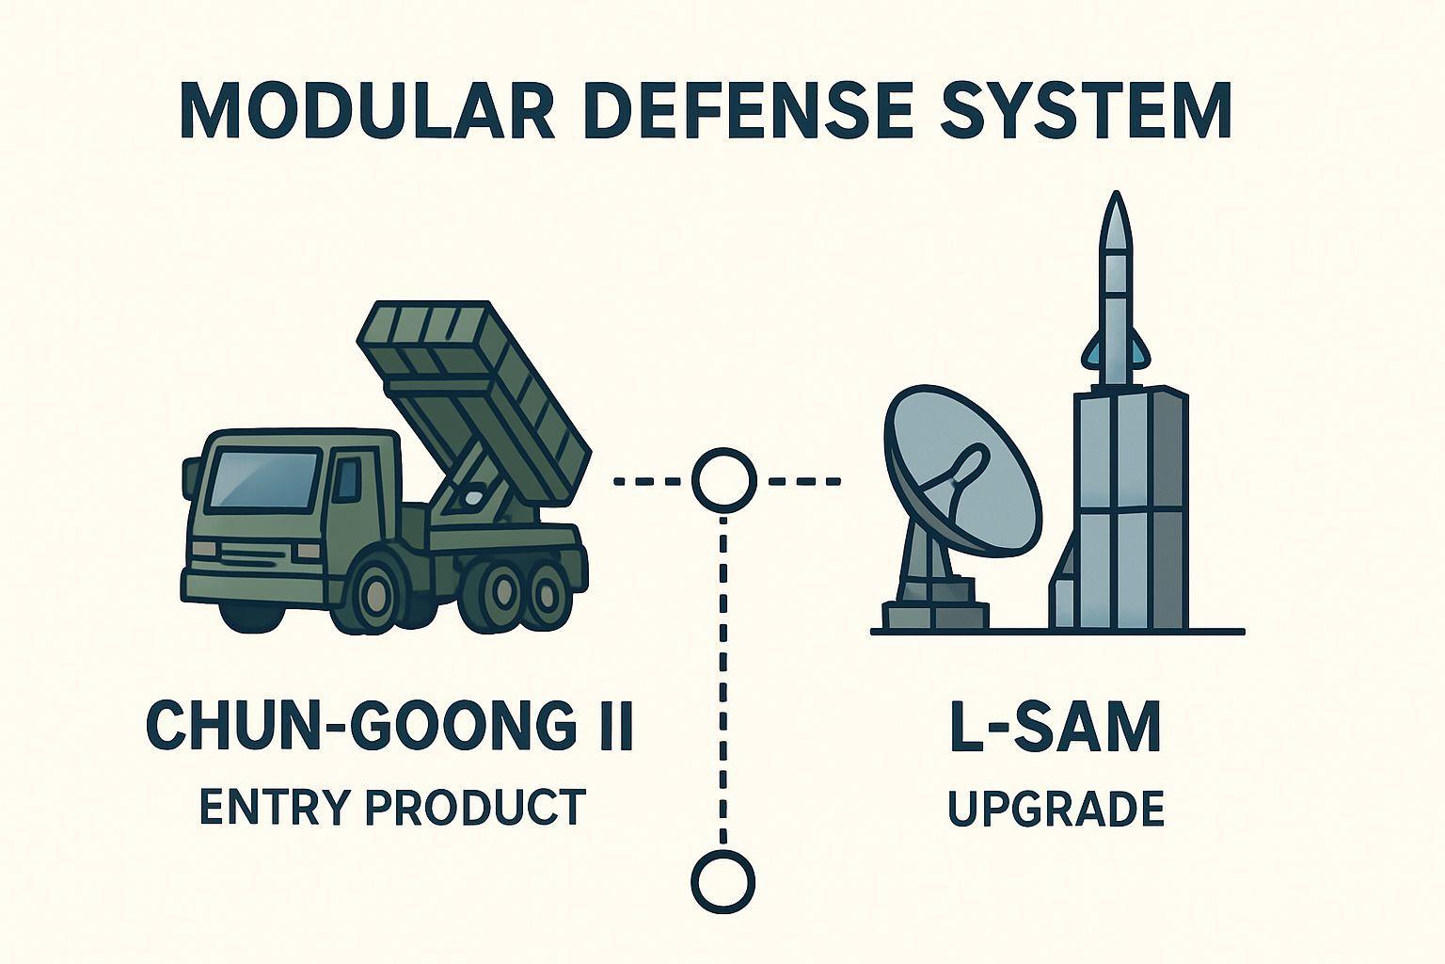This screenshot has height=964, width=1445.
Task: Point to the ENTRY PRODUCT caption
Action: (392, 808)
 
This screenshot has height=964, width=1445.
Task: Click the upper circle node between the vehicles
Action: (723, 480)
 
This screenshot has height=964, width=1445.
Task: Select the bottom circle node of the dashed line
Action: (722, 882)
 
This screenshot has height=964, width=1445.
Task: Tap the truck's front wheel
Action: (377, 592)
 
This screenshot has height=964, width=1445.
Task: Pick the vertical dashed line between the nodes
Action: (722, 678)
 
